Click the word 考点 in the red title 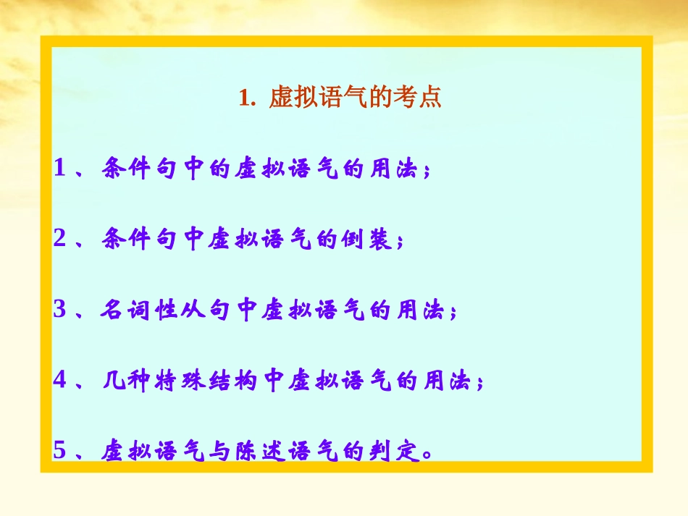pyautogui.click(x=421, y=98)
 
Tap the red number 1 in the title pyautogui.click(x=244, y=98)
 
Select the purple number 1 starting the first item pyautogui.click(x=60, y=169)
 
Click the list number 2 pyautogui.click(x=60, y=239)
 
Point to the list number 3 pyautogui.click(x=60, y=310)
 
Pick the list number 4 pyautogui.click(x=60, y=381)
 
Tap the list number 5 pyautogui.click(x=60, y=450)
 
